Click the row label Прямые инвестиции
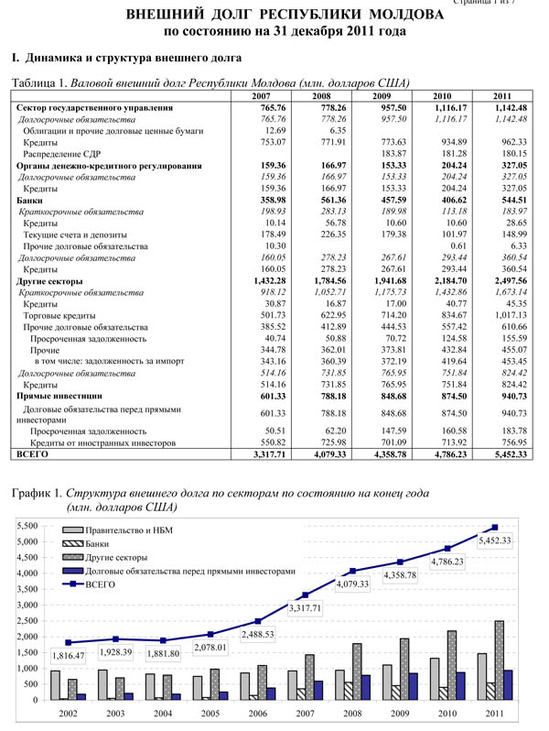(59, 396)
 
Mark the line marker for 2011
(494, 528)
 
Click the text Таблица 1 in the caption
(38, 82)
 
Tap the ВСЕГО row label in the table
(32, 453)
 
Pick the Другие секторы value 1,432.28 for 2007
(274, 280)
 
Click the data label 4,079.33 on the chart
(353, 583)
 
